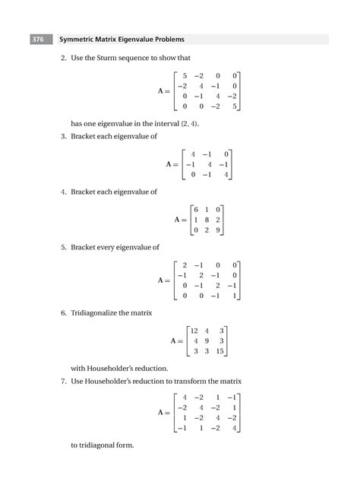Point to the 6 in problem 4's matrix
point(196,209)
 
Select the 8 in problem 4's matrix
point(207,220)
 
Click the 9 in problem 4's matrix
point(217,230)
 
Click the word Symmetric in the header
point(77,39)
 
